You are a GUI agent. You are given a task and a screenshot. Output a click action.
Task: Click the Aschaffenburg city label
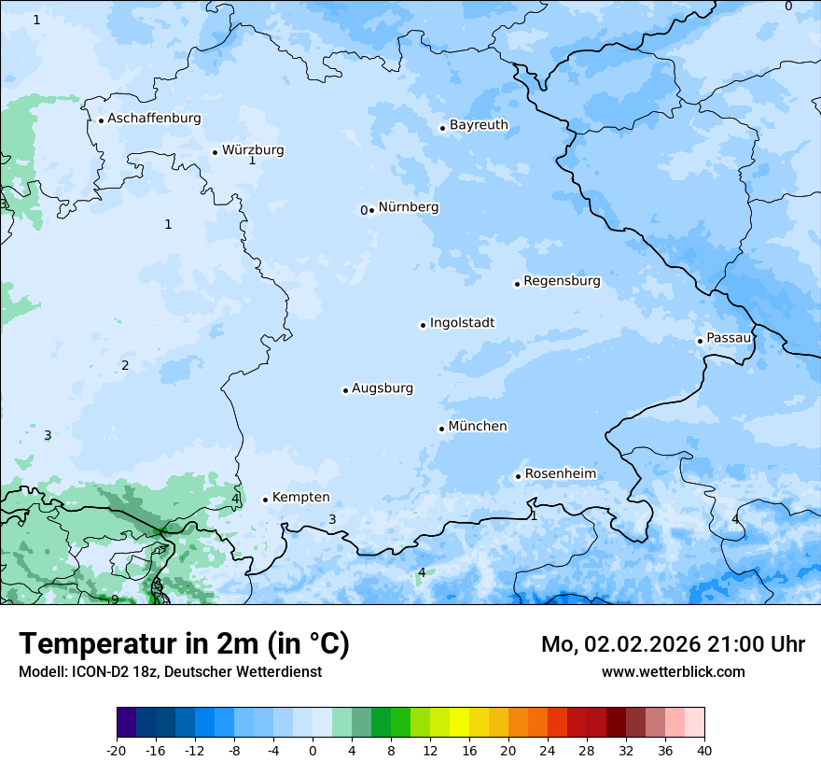click(x=154, y=119)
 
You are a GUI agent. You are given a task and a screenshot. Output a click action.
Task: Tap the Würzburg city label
click(x=253, y=150)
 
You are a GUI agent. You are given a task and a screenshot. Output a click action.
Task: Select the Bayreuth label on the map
click(x=479, y=125)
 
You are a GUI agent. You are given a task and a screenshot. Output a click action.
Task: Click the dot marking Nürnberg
click(x=371, y=210)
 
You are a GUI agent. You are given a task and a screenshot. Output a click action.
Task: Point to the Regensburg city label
click(x=562, y=281)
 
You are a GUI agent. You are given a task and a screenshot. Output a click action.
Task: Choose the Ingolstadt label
click(x=462, y=323)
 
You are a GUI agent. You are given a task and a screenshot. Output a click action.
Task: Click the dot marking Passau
click(x=700, y=341)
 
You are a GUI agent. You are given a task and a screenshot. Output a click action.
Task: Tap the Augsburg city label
click(x=383, y=388)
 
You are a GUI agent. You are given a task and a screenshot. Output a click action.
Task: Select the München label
click(x=478, y=427)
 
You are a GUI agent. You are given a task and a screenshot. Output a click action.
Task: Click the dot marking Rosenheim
click(x=518, y=476)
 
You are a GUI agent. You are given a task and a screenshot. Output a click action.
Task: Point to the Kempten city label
click(x=300, y=498)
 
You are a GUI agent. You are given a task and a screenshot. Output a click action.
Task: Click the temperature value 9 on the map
click(x=115, y=599)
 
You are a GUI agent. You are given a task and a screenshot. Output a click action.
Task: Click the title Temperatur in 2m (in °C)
click(x=184, y=643)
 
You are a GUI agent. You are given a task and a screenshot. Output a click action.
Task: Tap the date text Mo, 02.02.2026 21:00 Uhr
click(x=673, y=644)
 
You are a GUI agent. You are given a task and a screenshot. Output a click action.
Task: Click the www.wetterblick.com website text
click(x=673, y=671)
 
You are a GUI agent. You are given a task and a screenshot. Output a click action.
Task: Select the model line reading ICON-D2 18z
click(x=170, y=671)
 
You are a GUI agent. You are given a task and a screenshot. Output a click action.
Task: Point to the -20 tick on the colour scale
click(x=117, y=750)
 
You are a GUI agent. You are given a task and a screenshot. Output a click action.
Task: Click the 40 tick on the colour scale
click(x=704, y=750)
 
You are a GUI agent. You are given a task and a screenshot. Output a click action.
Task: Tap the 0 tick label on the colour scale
click(x=313, y=750)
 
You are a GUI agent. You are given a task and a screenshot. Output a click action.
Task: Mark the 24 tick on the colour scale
click(x=548, y=750)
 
